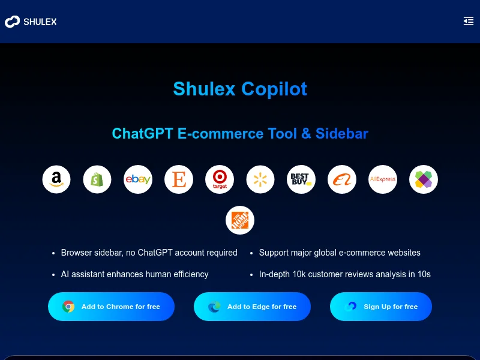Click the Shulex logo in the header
pos(31,22)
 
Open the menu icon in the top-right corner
pos(469,22)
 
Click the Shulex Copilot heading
pos(240,89)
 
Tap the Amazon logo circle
pos(56,179)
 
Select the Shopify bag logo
pos(97,179)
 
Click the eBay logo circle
pos(138,179)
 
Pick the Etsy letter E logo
pos(179,179)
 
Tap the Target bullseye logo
pos(220,179)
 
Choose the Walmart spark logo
pos(260,179)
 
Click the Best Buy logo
pos(301,179)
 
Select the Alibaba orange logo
pos(342,179)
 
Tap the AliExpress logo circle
pos(383,179)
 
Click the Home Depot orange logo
pos(240,220)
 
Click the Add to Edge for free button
pos(252,307)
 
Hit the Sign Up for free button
pos(381,307)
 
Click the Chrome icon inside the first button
pos(69,307)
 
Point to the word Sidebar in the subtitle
pos(342,133)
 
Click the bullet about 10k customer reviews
pos(344,274)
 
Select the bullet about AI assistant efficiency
pos(134,274)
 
